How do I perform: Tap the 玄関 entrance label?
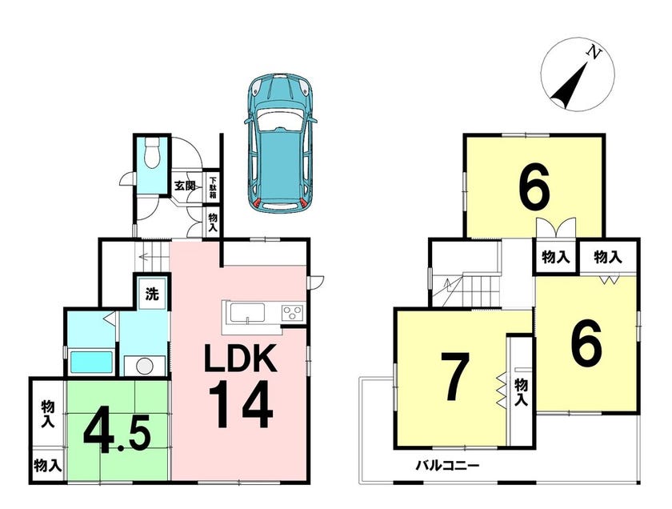(184, 186)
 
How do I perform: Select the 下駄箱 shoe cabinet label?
(213, 187)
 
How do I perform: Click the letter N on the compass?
(594, 53)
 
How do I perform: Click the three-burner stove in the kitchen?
(292, 312)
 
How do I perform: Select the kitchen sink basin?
(247, 312)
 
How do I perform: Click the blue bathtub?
(91, 363)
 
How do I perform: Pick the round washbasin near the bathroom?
(145, 366)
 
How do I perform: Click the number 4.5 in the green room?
(117, 435)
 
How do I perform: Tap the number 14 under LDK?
(242, 404)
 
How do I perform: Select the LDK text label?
(240, 358)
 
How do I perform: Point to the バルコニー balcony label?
(447, 465)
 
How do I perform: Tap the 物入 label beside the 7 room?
(520, 392)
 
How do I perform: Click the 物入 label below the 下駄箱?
(213, 222)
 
